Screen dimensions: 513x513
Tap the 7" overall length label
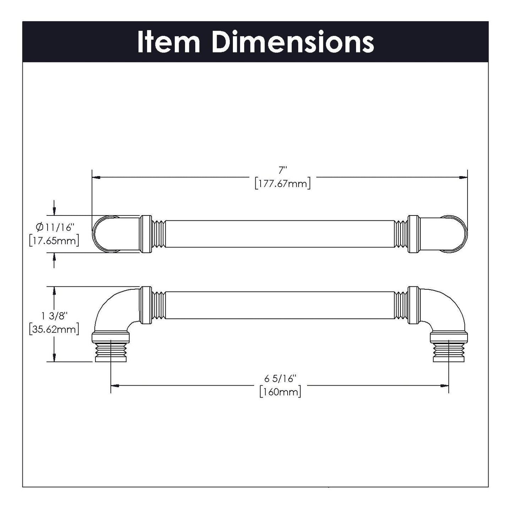click(282, 170)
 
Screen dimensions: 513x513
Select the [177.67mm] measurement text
click(283, 184)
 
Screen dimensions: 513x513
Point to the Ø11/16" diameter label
click(54, 227)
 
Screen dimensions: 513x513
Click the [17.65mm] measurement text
click(54, 241)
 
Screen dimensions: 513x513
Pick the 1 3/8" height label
click(54, 315)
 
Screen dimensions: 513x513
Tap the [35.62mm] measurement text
click(54, 329)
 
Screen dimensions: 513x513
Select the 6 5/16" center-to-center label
click(280, 379)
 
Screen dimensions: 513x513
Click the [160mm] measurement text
click(280, 392)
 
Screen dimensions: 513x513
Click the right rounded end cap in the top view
click(456, 234)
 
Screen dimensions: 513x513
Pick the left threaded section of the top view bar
click(158, 234)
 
